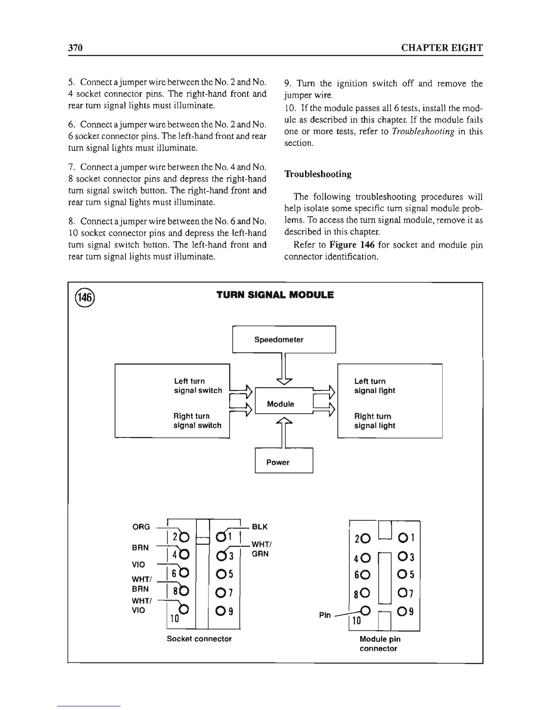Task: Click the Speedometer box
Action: coord(283,340)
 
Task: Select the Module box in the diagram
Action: coord(281,404)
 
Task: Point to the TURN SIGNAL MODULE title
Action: coord(275,295)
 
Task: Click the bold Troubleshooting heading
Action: coord(318,174)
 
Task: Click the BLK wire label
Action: coord(260,527)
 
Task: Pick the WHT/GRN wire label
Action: coord(260,549)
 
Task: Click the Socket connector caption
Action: coord(199,639)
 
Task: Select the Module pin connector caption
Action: coord(380,644)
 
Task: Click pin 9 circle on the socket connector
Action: coord(220,611)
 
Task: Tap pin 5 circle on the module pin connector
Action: coord(401,575)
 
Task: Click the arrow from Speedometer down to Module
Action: coord(283,369)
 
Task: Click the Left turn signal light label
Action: coord(375,386)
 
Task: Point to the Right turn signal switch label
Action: coord(197,421)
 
